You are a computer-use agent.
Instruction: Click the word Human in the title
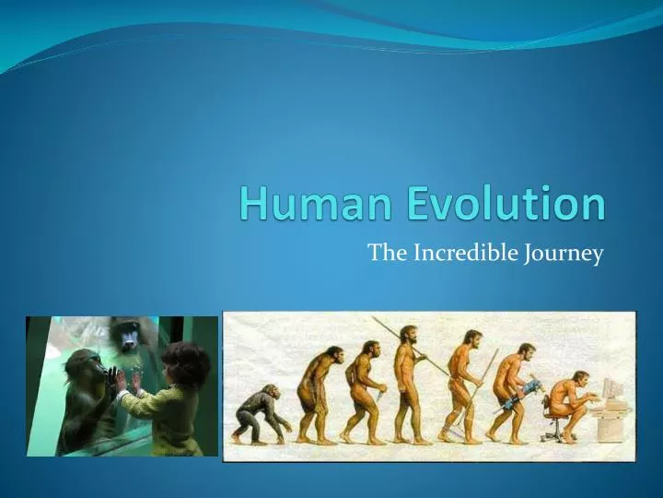(299, 203)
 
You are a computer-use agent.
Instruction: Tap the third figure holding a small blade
(362, 387)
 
